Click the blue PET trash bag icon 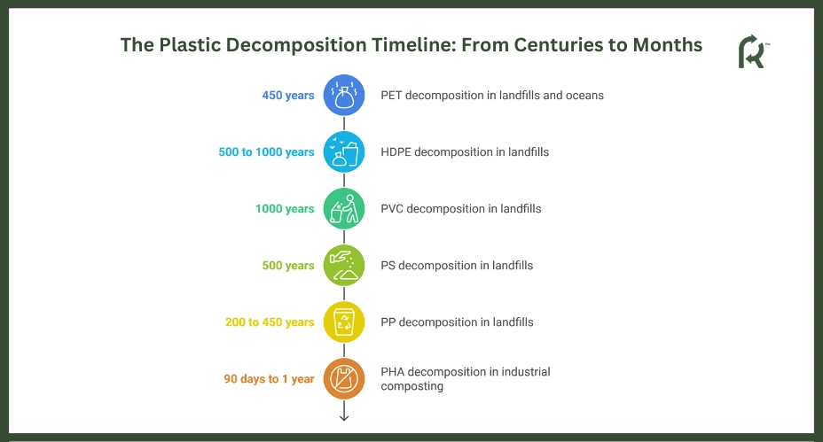pos(344,95)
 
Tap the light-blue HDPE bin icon pos(344,152)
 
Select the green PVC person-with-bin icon pos(344,209)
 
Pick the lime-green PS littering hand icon pos(344,266)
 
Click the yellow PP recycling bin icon pos(344,322)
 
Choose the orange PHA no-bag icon pos(344,378)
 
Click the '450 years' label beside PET pos(288,96)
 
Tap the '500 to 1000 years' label pos(266,152)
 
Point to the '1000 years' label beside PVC pos(285,209)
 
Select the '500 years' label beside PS pos(288,266)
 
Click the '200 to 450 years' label pos(270,322)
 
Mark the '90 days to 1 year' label pos(269,378)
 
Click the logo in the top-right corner pos(753,51)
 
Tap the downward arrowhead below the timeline pos(344,417)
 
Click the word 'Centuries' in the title pos(559,45)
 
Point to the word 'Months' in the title pos(668,45)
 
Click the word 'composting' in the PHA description pos(412,386)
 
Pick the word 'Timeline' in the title pos(413,45)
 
